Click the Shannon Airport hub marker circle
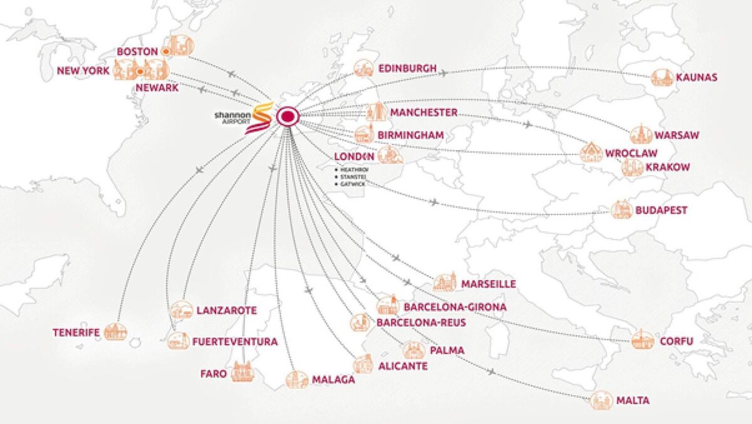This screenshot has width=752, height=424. [288, 117]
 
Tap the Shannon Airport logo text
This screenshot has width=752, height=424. [233, 117]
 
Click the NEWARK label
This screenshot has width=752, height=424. [157, 88]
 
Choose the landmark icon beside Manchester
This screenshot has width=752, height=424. [375, 112]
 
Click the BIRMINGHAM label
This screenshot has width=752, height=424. [410, 135]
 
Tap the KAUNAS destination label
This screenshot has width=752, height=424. [696, 78]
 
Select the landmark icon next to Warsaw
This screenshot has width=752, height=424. [640, 134]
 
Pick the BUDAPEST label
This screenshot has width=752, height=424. [661, 210]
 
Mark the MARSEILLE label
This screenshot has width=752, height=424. [488, 284]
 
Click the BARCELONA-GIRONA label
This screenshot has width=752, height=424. [455, 307]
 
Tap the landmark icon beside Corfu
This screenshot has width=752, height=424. [642, 340]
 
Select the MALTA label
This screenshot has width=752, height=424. [632, 400]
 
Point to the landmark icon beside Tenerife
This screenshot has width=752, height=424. [115, 332]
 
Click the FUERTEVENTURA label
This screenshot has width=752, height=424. [235, 342]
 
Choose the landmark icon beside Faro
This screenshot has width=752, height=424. [243, 372]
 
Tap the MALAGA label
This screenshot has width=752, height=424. [333, 379]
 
